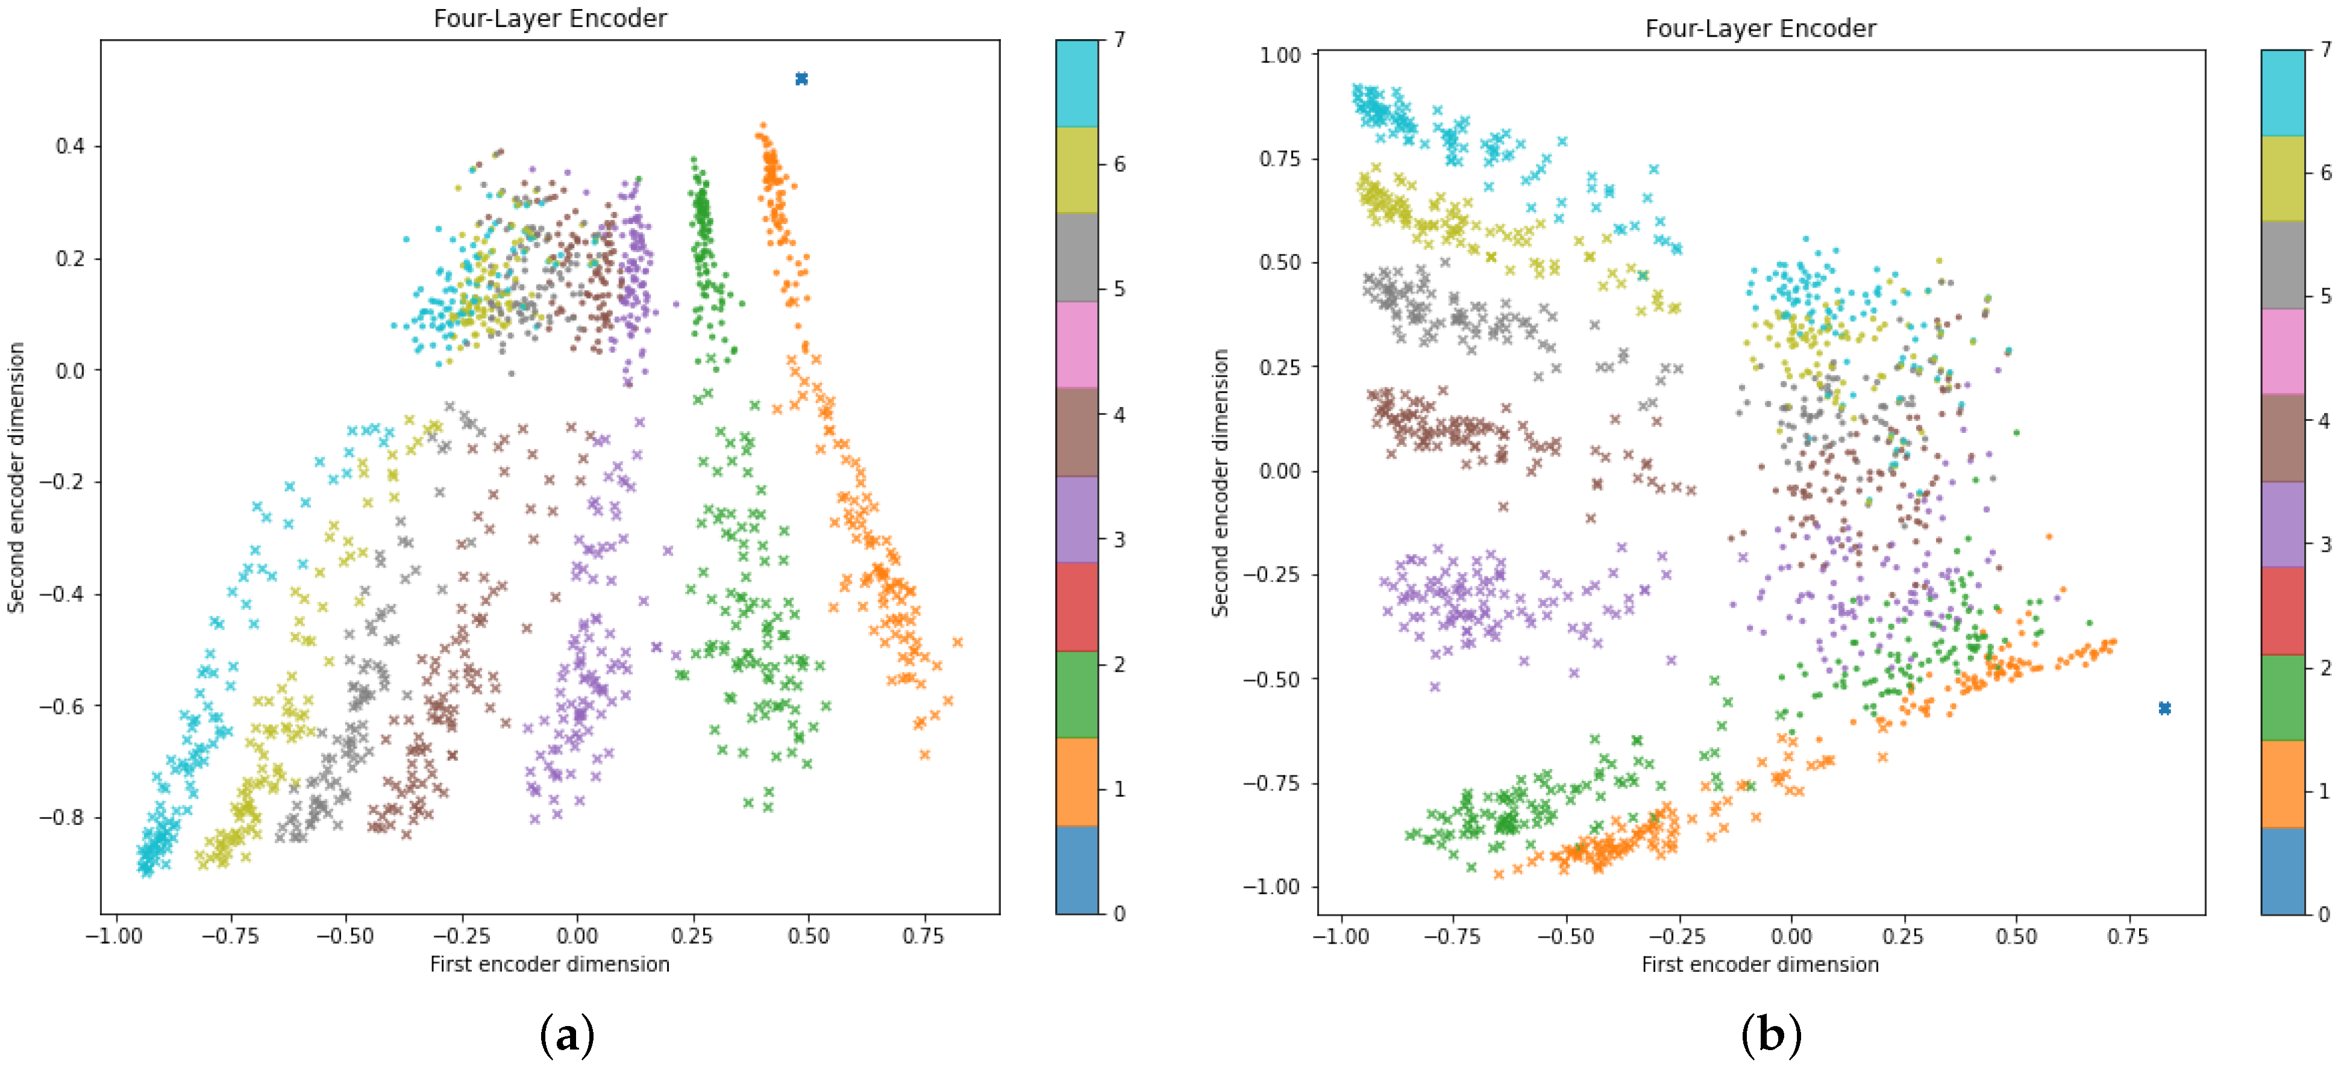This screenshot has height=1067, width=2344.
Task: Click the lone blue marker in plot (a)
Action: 801,79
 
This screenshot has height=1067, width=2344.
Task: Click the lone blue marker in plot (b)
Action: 2164,708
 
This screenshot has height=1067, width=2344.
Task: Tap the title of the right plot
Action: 1760,28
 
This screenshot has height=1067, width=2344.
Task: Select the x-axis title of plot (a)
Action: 550,963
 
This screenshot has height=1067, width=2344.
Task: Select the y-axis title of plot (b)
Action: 1220,483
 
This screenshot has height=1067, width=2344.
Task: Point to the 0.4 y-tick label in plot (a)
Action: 70,146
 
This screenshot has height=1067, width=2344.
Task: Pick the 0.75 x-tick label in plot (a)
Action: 923,936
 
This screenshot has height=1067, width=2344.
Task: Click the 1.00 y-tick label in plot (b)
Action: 1279,55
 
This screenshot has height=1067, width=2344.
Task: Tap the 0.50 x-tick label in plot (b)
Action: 2016,936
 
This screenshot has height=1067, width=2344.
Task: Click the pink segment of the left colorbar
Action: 1076,345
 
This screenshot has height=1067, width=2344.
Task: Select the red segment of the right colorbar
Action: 2282,611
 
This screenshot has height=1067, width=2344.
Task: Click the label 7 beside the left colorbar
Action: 1119,40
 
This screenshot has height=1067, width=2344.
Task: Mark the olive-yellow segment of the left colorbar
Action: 1076,170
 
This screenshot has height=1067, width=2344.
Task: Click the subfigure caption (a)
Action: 567,1035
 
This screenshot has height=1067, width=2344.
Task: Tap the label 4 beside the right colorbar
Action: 2325,420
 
